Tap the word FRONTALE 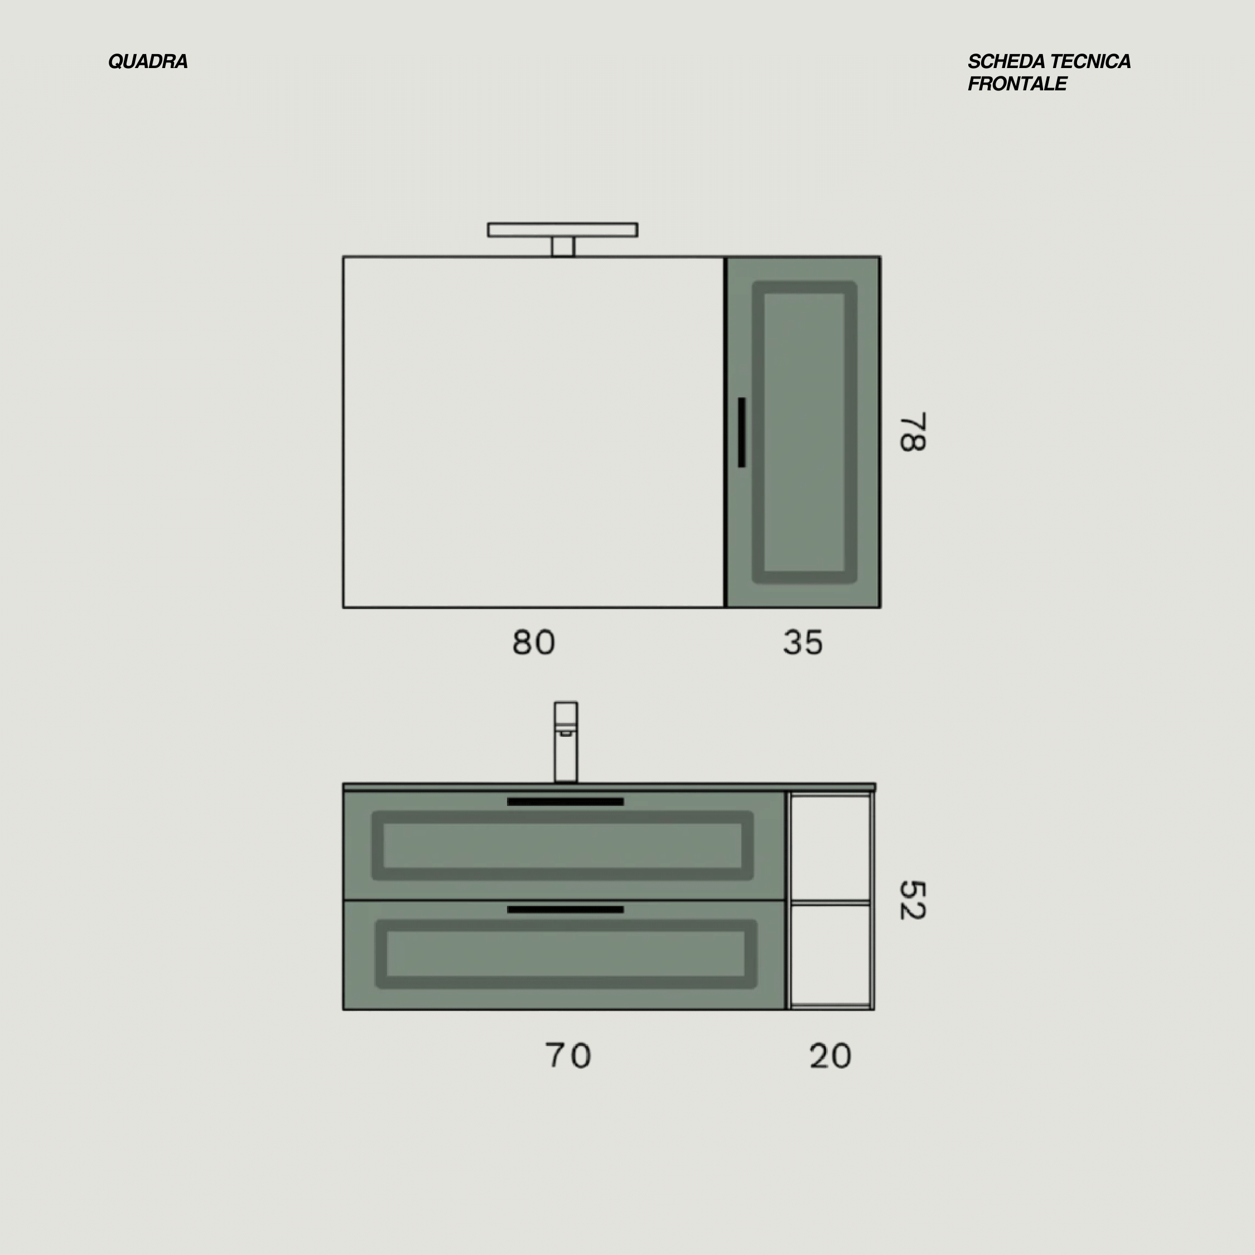coord(1017,84)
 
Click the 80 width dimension coord(533,643)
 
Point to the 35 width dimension coord(803,643)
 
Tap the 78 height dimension coord(912,431)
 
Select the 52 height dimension coord(912,900)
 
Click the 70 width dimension coord(568,1055)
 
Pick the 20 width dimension coord(830,1055)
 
